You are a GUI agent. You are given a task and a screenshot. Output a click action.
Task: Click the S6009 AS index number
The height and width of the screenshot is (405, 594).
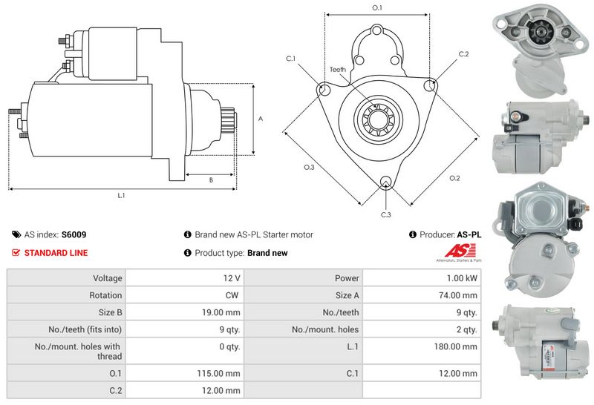click(x=74, y=234)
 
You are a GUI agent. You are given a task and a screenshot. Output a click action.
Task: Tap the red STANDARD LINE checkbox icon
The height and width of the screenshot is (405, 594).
click(x=16, y=253)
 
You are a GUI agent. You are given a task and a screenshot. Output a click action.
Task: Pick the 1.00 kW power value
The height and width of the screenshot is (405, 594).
click(x=462, y=278)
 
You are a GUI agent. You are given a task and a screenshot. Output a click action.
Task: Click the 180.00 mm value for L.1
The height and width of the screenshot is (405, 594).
click(x=456, y=346)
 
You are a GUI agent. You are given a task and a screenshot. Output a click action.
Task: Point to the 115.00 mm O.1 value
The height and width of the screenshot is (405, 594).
click(x=218, y=373)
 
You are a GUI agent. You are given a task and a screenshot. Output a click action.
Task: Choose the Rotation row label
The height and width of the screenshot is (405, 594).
click(x=105, y=295)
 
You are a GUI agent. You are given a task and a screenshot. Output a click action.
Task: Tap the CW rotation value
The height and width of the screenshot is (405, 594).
click(x=232, y=295)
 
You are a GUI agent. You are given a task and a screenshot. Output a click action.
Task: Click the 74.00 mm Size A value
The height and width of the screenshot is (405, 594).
click(x=458, y=295)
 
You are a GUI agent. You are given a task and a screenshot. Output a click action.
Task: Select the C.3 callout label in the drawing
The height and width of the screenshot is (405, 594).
click(x=385, y=214)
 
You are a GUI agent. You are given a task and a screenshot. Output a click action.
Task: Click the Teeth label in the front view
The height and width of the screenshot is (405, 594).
click(x=338, y=69)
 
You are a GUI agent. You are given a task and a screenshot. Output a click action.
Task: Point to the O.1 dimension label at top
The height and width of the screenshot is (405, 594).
click(x=377, y=7)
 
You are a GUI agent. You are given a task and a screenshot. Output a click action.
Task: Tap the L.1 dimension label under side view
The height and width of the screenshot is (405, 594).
click(x=121, y=195)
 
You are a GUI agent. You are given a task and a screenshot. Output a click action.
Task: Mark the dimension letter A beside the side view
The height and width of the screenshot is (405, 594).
click(x=261, y=119)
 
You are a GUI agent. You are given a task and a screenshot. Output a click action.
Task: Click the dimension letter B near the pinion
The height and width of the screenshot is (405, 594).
click(x=211, y=180)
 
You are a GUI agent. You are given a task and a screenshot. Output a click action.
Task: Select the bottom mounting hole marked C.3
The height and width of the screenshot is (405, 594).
click(x=386, y=181)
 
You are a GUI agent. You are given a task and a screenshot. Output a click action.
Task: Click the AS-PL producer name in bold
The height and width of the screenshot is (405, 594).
click(x=469, y=234)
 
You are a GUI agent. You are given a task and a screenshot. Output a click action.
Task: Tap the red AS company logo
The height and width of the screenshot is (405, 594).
click(x=460, y=251)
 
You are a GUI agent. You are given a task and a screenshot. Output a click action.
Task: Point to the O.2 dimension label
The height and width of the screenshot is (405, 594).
click(x=454, y=178)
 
